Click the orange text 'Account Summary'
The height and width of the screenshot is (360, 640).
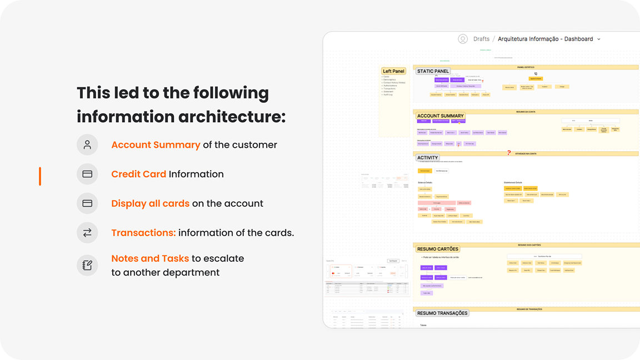click(156, 145)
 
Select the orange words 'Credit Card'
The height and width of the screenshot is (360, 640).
click(139, 174)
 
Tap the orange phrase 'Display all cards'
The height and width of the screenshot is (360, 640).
click(150, 204)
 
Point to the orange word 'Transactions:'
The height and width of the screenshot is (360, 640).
click(143, 233)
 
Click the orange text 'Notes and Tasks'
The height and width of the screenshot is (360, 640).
click(150, 259)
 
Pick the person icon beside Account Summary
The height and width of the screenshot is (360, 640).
click(87, 145)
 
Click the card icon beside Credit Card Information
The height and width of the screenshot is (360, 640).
click(87, 174)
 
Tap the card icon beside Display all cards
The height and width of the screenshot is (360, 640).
click(87, 204)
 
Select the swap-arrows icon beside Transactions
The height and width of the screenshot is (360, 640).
click(87, 233)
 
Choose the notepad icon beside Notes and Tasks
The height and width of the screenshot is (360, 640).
click(87, 266)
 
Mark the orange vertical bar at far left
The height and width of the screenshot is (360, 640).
click(40, 176)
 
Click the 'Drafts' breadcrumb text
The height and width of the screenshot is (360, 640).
click(481, 39)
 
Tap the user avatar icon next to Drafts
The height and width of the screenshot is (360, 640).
click(463, 39)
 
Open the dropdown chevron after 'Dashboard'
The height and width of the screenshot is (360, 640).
click(598, 39)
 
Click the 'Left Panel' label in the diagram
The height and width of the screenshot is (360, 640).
click(393, 71)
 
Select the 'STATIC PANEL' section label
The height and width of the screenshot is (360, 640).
click(433, 71)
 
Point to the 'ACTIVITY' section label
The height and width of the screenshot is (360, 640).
click(428, 158)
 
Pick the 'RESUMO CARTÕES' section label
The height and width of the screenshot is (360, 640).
click(438, 249)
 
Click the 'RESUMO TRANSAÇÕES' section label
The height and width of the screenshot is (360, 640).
click(442, 313)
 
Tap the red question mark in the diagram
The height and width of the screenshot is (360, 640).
click(508, 153)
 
